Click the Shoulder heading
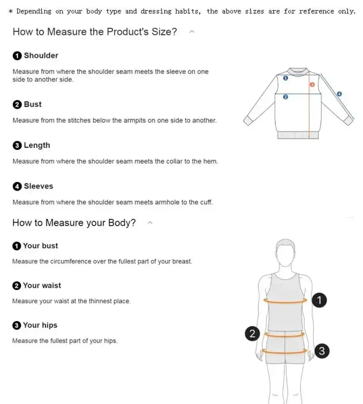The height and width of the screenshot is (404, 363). tap(41, 56)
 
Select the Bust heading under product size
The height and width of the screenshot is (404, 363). tap(33, 104)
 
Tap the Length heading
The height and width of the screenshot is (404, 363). tap(37, 146)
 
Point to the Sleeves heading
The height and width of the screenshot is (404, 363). tap(38, 186)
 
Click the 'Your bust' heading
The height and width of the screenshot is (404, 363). tap(40, 246)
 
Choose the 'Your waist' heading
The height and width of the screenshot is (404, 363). tap(42, 286)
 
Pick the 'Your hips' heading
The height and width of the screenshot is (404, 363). tap(40, 325)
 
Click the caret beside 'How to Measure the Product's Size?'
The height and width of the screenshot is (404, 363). tap(192, 32)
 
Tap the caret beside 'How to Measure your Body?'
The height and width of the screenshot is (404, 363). tap(150, 223)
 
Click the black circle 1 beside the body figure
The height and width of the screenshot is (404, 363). tap(319, 300)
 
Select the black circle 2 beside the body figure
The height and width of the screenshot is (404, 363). tap(252, 334)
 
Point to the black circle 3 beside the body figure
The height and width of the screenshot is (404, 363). tap(322, 350)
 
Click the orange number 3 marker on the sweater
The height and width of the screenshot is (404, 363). tap(312, 84)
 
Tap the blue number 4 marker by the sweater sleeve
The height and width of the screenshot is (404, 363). tap(339, 94)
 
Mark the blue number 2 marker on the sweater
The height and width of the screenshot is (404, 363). tap(285, 97)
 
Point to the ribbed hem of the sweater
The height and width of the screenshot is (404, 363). tap(299, 135)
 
